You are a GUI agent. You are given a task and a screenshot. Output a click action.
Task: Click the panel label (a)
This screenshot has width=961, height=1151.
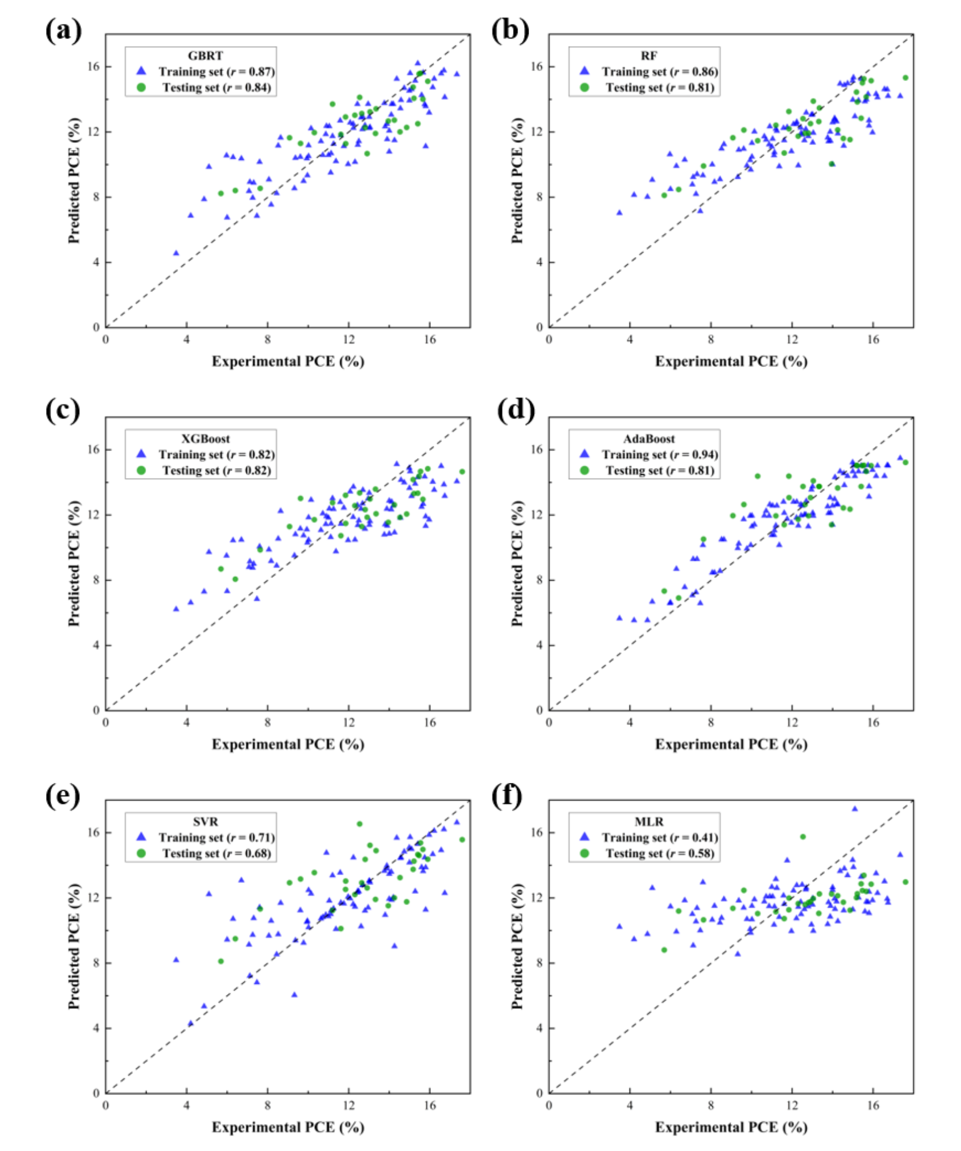pyautogui.click(x=63, y=31)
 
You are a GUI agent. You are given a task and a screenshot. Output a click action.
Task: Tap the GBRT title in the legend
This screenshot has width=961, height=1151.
pyautogui.click(x=205, y=56)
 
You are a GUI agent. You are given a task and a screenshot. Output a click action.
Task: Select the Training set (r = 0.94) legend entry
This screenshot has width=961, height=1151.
pyautogui.click(x=660, y=455)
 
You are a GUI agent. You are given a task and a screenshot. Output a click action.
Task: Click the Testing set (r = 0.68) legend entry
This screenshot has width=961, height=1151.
pyautogui.click(x=217, y=853)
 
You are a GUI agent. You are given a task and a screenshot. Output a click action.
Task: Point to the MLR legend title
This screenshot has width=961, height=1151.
pyautogui.click(x=648, y=822)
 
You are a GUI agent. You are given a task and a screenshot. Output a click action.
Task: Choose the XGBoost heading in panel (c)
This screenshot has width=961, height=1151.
pyautogui.click(x=205, y=439)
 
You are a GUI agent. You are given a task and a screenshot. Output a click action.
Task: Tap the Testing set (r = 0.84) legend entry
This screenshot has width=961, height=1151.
pyautogui.click(x=217, y=87)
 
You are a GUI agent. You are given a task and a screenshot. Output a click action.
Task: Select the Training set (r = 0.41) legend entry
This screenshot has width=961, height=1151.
pyautogui.click(x=660, y=837)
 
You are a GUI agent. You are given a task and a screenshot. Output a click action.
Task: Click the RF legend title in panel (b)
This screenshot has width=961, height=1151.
pyautogui.click(x=648, y=56)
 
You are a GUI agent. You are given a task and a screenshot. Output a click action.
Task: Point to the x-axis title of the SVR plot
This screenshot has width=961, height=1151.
pyautogui.click(x=288, y=1127)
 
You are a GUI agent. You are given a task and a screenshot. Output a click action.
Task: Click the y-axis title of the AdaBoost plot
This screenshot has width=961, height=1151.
pyautogui.click(x=517, y=564)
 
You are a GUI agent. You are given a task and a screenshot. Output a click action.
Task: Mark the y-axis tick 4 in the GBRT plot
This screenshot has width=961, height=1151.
pyautogui.click(x=96, y=262)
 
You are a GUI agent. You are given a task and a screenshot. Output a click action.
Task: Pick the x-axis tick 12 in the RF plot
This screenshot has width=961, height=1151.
pyautogui.click(x=792, y=339)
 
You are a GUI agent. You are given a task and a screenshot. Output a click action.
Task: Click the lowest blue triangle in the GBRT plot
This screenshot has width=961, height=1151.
pyautogui.click(x=176, y=253)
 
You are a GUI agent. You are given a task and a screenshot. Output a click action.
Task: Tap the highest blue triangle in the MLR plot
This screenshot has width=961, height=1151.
pyautogui.click(x=854, y=809)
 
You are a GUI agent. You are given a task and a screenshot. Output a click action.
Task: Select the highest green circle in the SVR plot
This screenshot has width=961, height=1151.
pyautogui.click(x=359, y=824)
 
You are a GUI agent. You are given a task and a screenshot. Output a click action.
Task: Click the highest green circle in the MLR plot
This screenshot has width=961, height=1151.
pyautogui.click(x=803, y=837)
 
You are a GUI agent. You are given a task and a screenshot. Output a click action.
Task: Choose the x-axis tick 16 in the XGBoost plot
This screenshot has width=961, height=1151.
pyautogui.click(x=430, y=722)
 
